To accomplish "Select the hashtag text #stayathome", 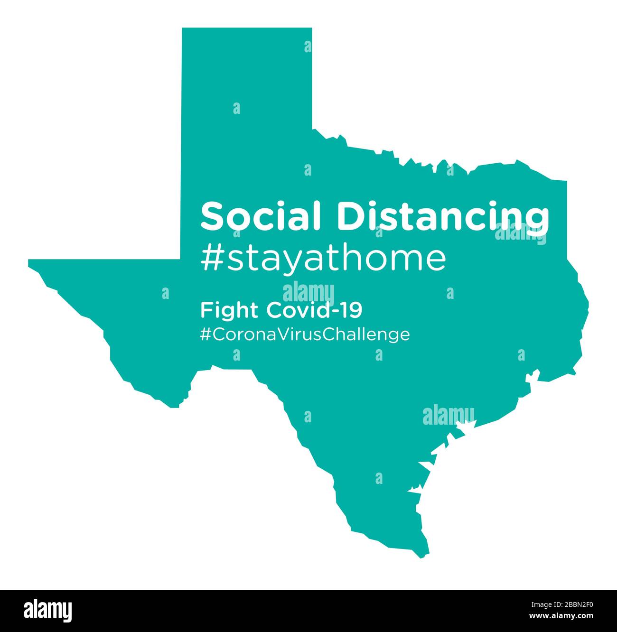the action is click(323, 258).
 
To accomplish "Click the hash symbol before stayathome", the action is click(211, 258).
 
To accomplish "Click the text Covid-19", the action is click(314, 311).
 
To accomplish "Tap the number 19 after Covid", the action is click(353, 311).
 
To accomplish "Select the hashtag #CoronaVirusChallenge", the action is click(305, 334).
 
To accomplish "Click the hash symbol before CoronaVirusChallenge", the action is click(206, 334).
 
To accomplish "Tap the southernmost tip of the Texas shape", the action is click(422, 556).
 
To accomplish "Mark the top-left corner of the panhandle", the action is click(183, 29).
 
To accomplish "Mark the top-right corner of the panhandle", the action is click(311, 29).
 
